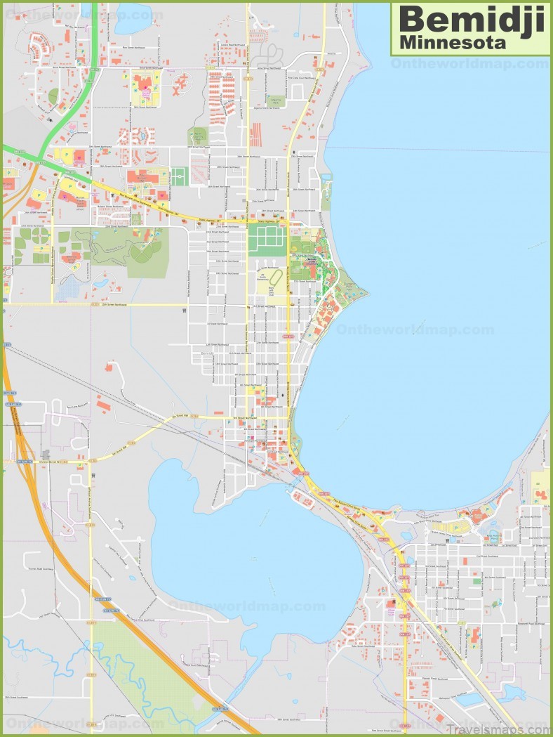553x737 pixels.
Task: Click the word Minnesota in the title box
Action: tap(452, 42)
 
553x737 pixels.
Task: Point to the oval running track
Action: tap(274, 279)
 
